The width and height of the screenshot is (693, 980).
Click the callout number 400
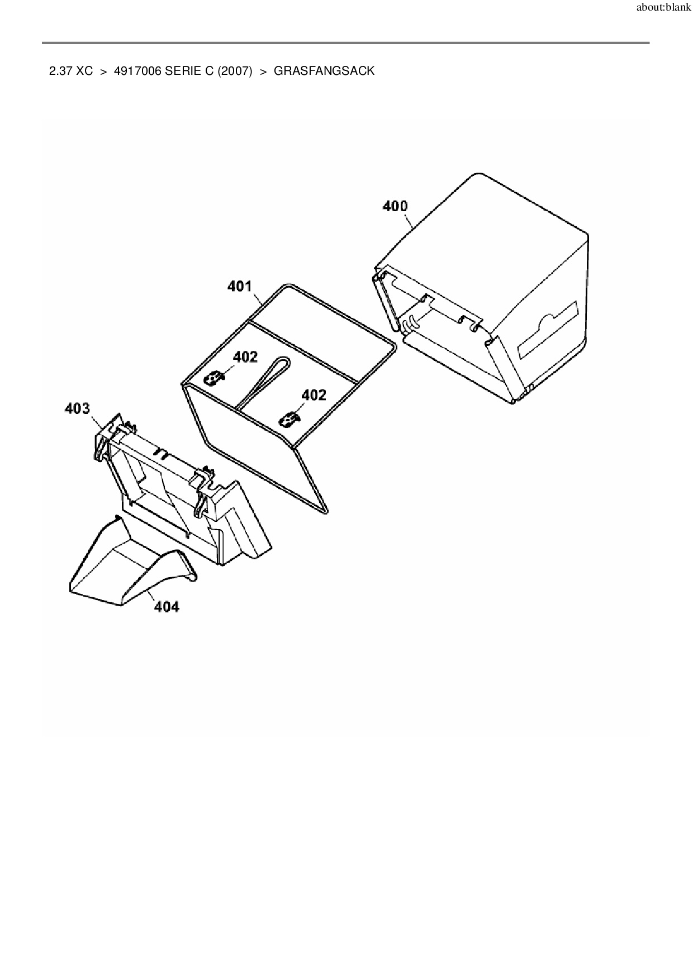pos(395,206)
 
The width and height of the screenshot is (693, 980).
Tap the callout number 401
pos(240,286)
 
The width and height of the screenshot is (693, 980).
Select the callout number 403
pos(77,408)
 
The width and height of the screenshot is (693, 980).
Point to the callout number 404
pos(167,606)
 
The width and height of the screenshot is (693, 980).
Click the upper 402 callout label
pos(245,356)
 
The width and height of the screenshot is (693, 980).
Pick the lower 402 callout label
pos(314,395)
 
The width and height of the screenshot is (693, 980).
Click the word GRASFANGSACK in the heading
pos(324,71)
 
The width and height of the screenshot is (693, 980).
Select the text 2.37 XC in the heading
pos(71,71)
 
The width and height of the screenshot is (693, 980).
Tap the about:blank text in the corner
pos(663,8)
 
